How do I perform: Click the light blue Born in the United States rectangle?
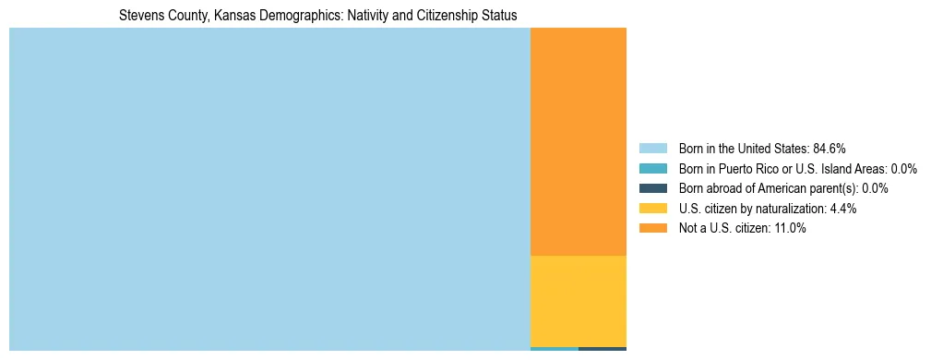(x=269, y=189)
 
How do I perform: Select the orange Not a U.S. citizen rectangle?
(x=579, y=141)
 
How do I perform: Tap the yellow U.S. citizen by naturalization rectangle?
(x=579, y=301)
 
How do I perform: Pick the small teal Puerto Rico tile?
(x=555, y=349)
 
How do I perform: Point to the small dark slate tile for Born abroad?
(x=603, y=349)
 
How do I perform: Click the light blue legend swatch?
(x=652, y=149)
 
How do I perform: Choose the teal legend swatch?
(x=652, y=169)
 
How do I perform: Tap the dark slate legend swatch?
(x=652, y=188)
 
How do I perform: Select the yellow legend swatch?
(x=652, y=209)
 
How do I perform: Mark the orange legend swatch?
(x=652, y=229)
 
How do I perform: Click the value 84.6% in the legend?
(x=830, y=149)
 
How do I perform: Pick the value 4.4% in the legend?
(x=843, y=209)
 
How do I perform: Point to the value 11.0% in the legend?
(x=791, y=229)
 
